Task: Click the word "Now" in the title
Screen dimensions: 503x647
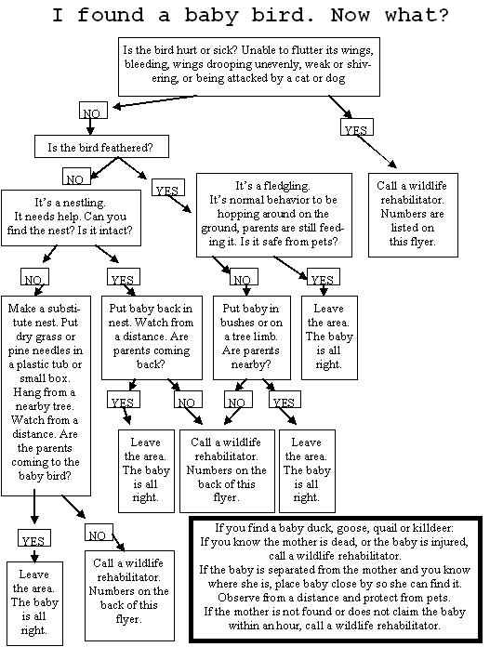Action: coord(351,15)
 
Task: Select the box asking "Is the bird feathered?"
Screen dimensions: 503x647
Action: coord(101,147)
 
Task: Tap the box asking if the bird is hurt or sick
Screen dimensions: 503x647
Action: coord(249,67)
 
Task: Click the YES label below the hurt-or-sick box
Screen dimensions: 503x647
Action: coord(357,127)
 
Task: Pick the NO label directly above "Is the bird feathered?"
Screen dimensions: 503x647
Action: coord(93,111)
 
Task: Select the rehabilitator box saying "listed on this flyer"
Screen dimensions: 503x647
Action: coord(413,215)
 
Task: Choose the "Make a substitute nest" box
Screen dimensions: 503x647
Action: coord(46,396)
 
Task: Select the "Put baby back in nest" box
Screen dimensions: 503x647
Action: coord(152,337)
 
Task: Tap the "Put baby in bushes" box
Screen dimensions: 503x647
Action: coord(252,337)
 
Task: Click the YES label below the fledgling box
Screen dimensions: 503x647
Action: coord(324,276)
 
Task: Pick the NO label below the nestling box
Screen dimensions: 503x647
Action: coord(34,276)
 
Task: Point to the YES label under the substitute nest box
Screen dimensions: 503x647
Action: coord(34,537)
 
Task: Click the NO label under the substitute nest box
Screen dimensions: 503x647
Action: coord(99,533)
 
